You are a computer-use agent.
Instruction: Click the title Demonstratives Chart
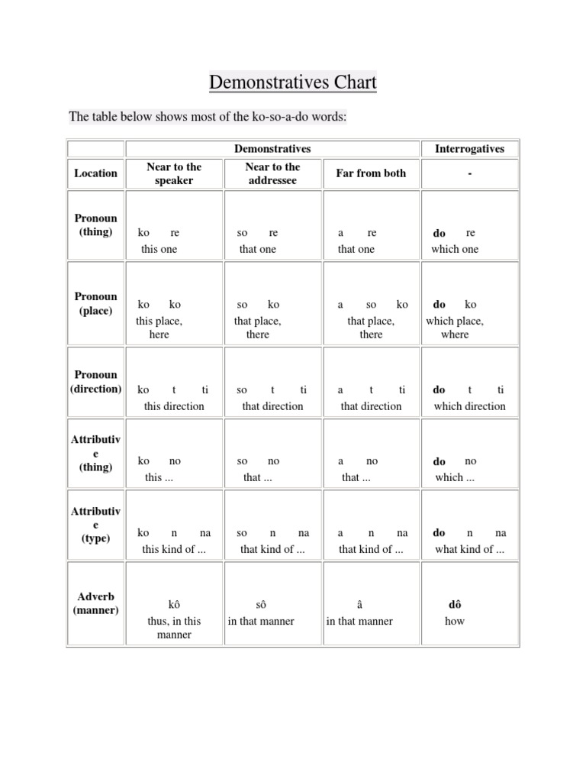pyautogui.click(x=293, y=82)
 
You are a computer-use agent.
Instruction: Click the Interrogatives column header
pyautogui.click(x=469, y=149)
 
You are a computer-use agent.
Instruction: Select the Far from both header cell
pyautogui.click(x=371, y=173)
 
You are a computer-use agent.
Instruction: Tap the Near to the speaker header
pyautogui.click(x=174, y=173)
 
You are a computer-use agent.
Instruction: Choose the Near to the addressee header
pyautogui.click(x=272, y=173)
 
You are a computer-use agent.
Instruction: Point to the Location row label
pyautogui.click(x=95, y=173)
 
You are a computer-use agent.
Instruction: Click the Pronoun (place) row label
pyautogui.click(x=95, y=303)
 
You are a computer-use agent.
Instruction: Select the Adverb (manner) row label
pyautogui.click(x=95, y=603)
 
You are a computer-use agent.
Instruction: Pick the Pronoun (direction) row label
pyautogui.click(x=95, y=382)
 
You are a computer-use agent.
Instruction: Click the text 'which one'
pyautogui.click(x=455, y=249)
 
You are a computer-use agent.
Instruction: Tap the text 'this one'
pyautogui.click(x=159, y=249)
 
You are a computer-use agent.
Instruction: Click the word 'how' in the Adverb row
pyautogui.click(x=455, y=621)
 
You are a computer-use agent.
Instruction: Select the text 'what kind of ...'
pyautogui.click(x=469, y=549)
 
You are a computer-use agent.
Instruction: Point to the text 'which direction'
pyautogui.click(x=469, y=406)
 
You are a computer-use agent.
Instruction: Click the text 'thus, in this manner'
pyautogui.click(x=174, y=628)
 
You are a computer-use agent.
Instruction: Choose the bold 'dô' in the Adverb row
pyautogui.click(x=455, y=605)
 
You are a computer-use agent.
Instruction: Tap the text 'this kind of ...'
pyautogui.click(x=174, y=549)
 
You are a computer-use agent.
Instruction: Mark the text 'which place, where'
pyautogui.click(x=455, y=328)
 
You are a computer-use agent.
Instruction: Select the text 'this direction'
pyautogui.click(x=174, y=406)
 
